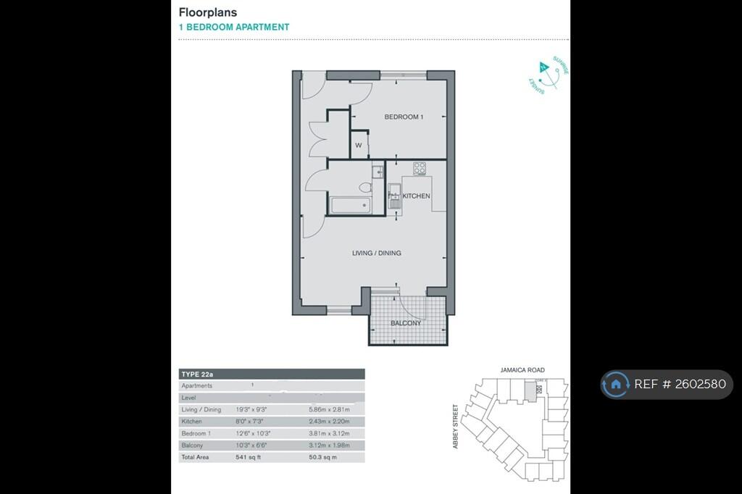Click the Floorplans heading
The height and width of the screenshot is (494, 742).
[208, 12]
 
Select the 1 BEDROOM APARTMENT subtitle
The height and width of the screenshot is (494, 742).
[234, 28]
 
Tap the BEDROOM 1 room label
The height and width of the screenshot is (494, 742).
[403, 117]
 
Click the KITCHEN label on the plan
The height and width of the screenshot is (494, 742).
[416, 196]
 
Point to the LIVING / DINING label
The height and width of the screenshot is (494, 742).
[376, 254]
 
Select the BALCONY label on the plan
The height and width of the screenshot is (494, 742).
[406, 323]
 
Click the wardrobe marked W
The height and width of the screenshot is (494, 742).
[359, 146]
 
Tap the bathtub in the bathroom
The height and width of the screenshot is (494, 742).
[350, 206]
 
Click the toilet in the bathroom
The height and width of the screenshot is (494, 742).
[366, 188]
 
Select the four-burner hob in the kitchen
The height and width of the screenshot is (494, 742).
[420, 168]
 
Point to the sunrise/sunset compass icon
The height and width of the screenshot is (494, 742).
[548, 74]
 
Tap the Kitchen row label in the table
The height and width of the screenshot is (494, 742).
[192, 422]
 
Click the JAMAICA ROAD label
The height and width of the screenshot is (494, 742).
[522, 369]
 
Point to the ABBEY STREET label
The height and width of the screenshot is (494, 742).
[456, 426]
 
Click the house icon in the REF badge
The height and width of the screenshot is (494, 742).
[615, 385]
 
